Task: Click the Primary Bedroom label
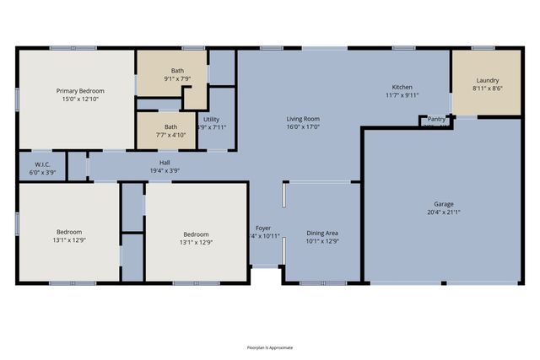(80, 90)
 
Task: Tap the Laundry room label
(487, 80)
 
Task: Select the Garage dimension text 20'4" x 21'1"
(444, 212)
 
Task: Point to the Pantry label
(436, 120)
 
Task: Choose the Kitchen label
(402, 88)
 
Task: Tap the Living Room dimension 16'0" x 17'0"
(303, 127)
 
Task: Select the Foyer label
(263, 228)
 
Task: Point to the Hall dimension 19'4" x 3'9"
(165, 169)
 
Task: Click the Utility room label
(211, 120)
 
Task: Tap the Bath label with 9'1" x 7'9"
(177, 71)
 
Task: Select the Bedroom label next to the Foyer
(196, 234)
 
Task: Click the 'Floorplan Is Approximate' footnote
(269, 347)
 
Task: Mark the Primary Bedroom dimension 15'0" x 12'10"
(80, 99)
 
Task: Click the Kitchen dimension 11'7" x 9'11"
(402, 95)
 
